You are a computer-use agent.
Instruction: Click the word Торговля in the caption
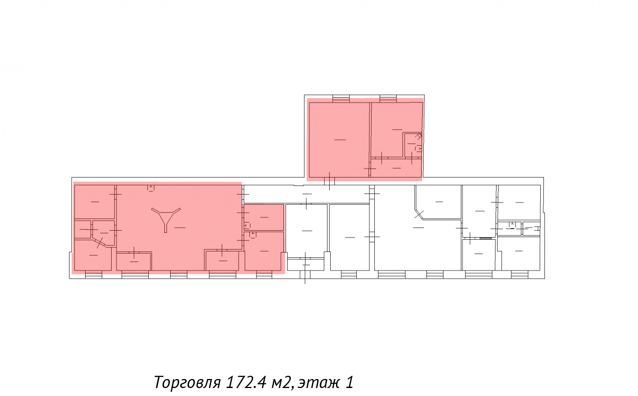pos(187,382)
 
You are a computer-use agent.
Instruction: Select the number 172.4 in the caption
pos(246,382)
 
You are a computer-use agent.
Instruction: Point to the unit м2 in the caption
pos(282,382)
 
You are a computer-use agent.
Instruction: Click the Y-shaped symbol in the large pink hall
pos(166,218)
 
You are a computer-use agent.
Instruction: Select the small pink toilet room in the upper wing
pos(413,145)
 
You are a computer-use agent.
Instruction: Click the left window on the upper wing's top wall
pos(341,98)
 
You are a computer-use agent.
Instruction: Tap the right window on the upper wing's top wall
pos(388,98)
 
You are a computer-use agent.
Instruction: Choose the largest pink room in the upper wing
pos(340,139)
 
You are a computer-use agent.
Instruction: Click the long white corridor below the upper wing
pos(306,194)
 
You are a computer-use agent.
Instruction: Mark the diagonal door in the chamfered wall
pos(419,214)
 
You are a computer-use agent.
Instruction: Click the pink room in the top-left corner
pos(95,202)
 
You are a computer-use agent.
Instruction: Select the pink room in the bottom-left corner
pos(93,255)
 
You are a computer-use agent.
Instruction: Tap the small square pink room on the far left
pos(82,229)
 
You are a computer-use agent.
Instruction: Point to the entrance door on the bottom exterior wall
pos(305,275)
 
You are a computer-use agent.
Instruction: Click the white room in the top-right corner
pos(519,203)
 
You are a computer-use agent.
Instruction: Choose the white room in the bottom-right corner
pos(518,254)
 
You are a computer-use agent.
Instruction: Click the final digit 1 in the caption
pos(349,382)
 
